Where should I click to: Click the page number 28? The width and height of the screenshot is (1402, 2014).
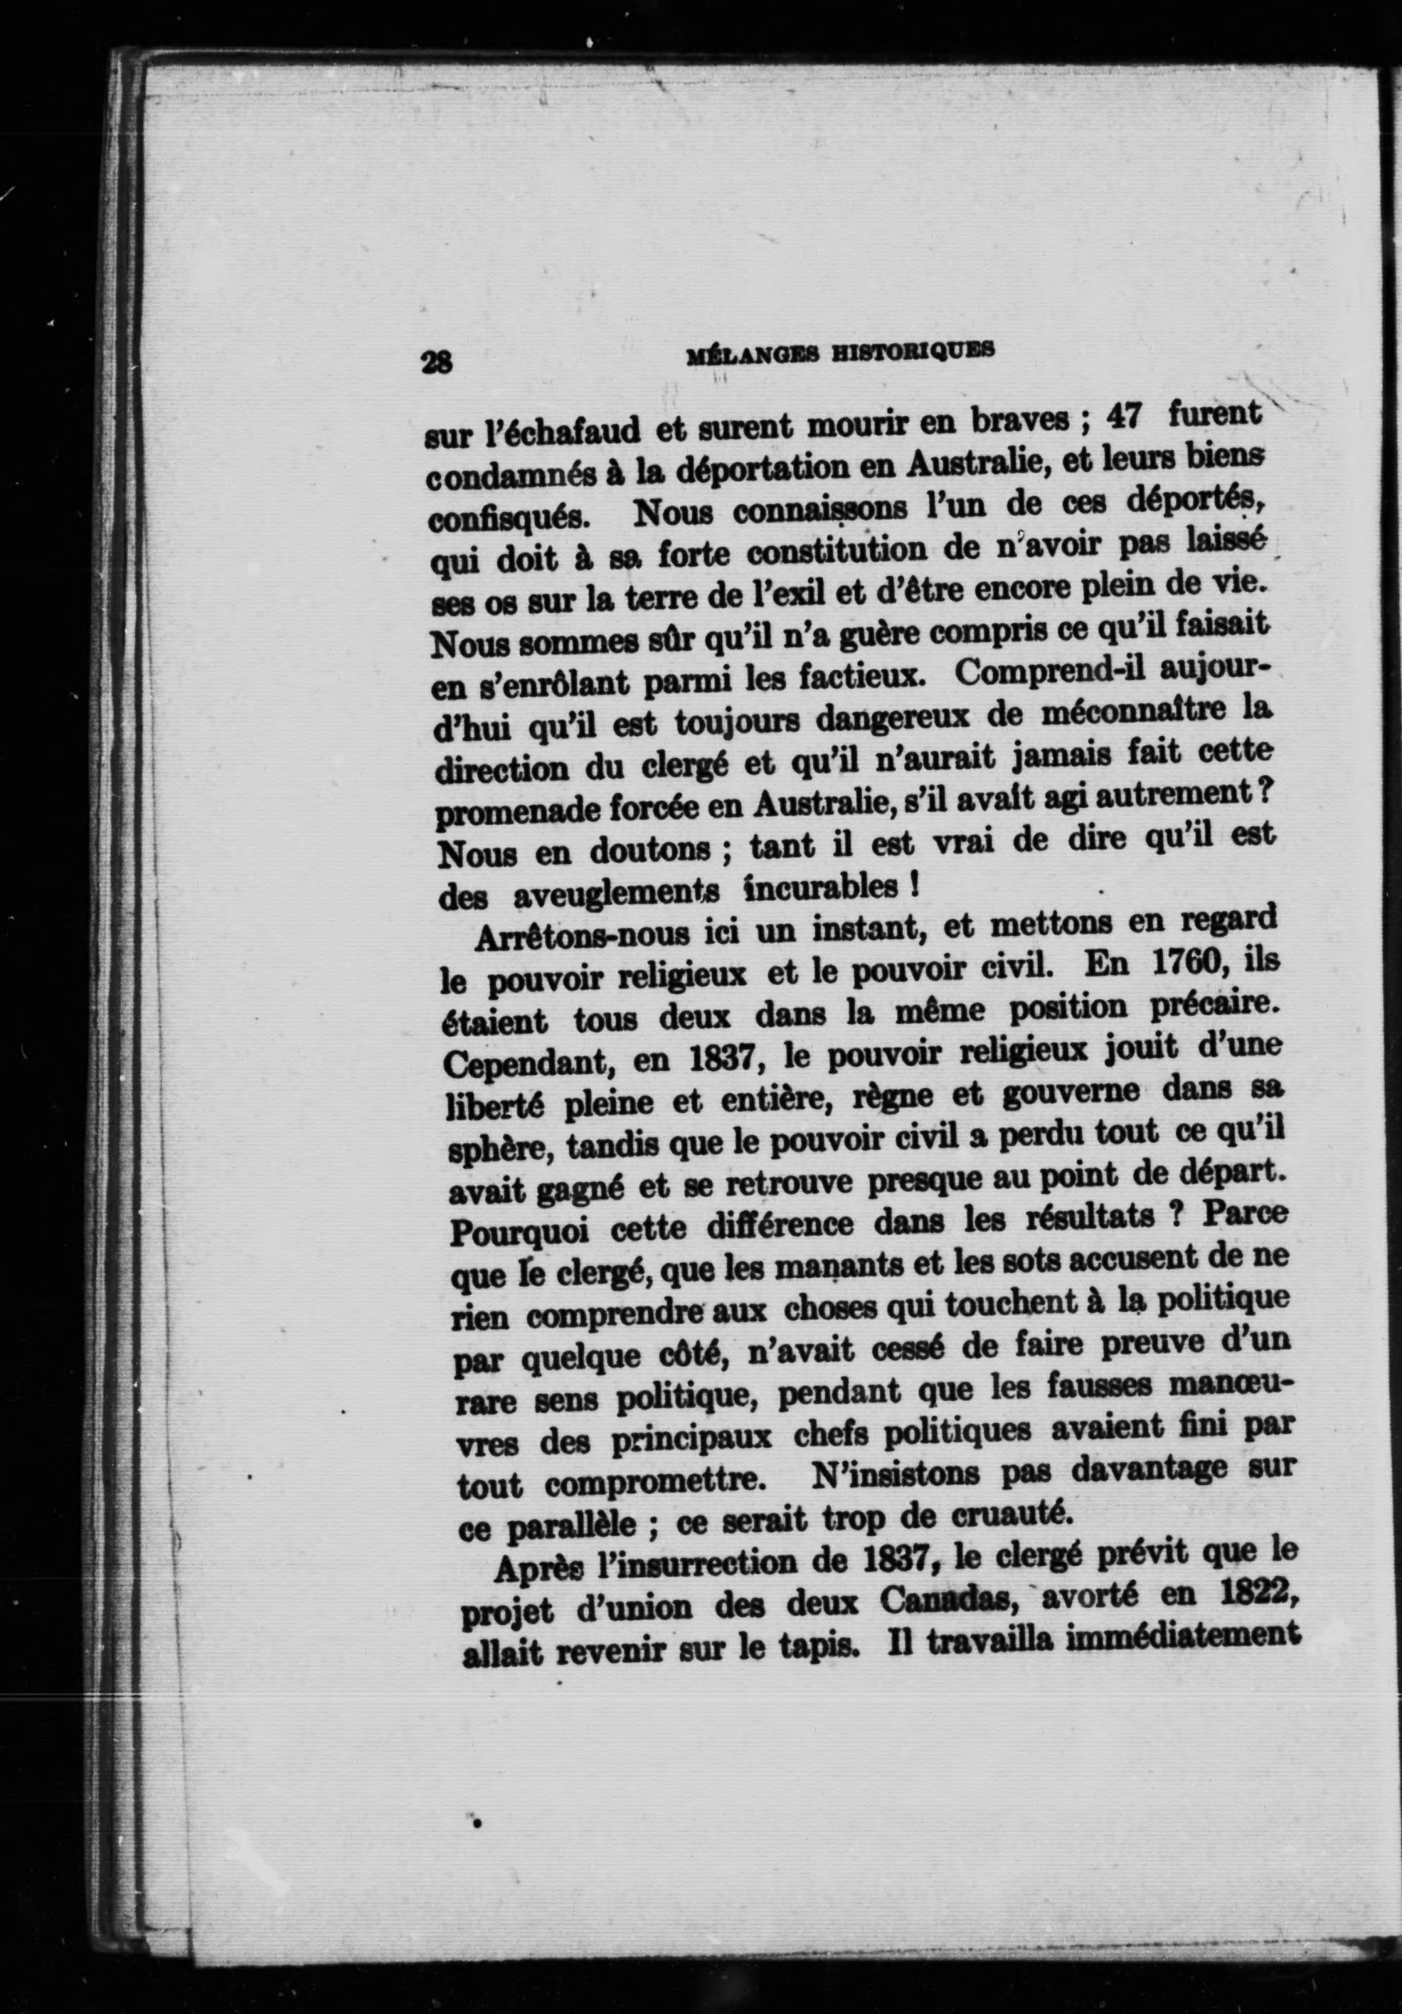436,361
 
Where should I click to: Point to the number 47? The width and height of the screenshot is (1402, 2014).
1123,417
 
